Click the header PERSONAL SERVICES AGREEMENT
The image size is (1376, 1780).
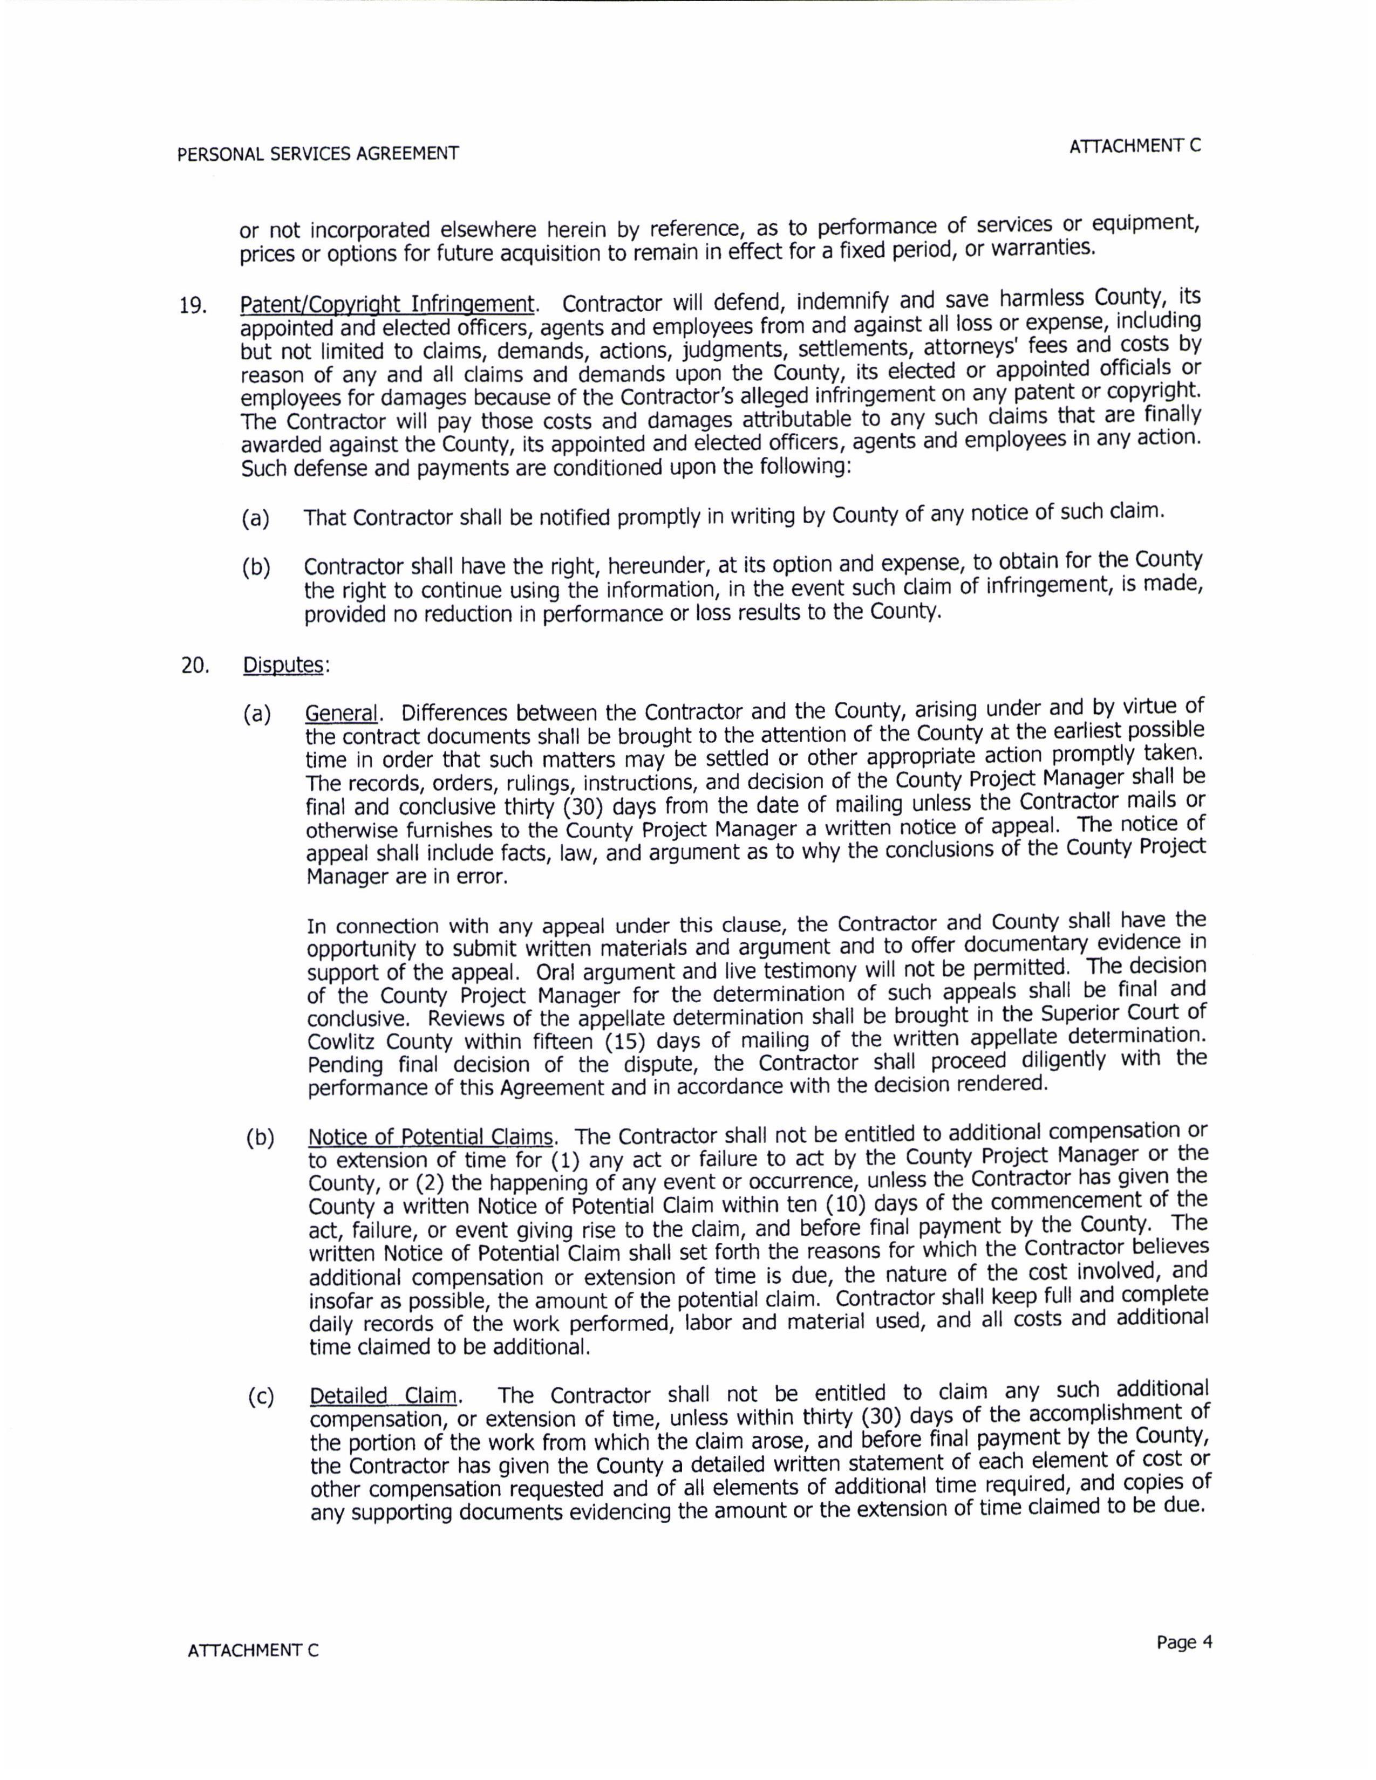[318, 153]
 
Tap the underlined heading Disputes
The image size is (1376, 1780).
[284, 665]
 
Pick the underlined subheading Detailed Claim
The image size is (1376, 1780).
[383, 1396]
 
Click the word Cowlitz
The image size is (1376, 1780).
[342, 1043]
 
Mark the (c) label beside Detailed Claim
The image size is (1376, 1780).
[261, 1398]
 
